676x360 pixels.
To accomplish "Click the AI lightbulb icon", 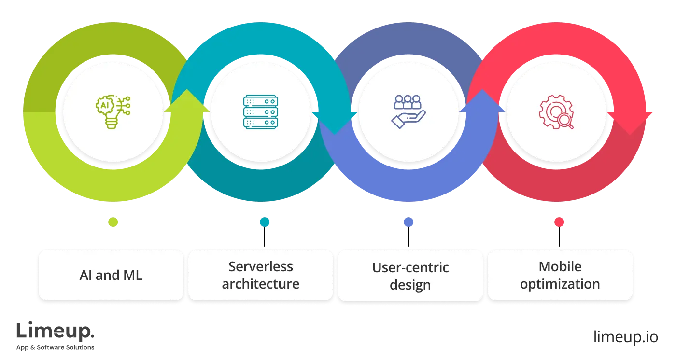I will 113,112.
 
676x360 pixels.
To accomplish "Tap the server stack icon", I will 261,112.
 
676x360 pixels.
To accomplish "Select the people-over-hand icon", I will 408,111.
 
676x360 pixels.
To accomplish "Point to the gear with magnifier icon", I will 556,112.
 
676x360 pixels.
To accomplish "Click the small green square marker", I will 113,222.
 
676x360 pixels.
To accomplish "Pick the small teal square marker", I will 265,222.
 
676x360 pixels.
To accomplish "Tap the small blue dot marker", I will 408,222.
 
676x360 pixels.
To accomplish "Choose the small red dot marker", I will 559,222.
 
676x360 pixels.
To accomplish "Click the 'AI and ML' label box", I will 111,275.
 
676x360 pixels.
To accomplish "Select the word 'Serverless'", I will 261,266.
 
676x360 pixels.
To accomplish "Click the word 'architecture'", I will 261,284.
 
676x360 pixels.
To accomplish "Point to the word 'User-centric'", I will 410,267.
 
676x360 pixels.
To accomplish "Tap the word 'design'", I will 410,285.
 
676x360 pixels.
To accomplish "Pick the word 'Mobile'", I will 560,266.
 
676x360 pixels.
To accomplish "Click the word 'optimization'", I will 560,284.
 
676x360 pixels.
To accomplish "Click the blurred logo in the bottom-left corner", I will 56,334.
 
